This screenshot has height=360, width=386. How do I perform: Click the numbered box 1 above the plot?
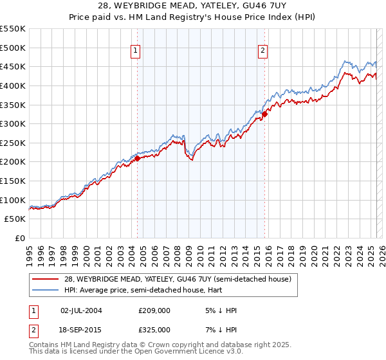136,52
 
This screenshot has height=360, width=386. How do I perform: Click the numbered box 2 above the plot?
264,52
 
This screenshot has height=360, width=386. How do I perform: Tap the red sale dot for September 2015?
264,114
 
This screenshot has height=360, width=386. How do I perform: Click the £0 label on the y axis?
20,238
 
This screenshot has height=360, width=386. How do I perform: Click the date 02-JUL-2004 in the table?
81,310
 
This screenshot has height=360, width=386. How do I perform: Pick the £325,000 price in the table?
154,329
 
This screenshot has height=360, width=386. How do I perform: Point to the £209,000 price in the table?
154,310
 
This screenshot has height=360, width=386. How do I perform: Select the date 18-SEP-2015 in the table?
81,329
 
